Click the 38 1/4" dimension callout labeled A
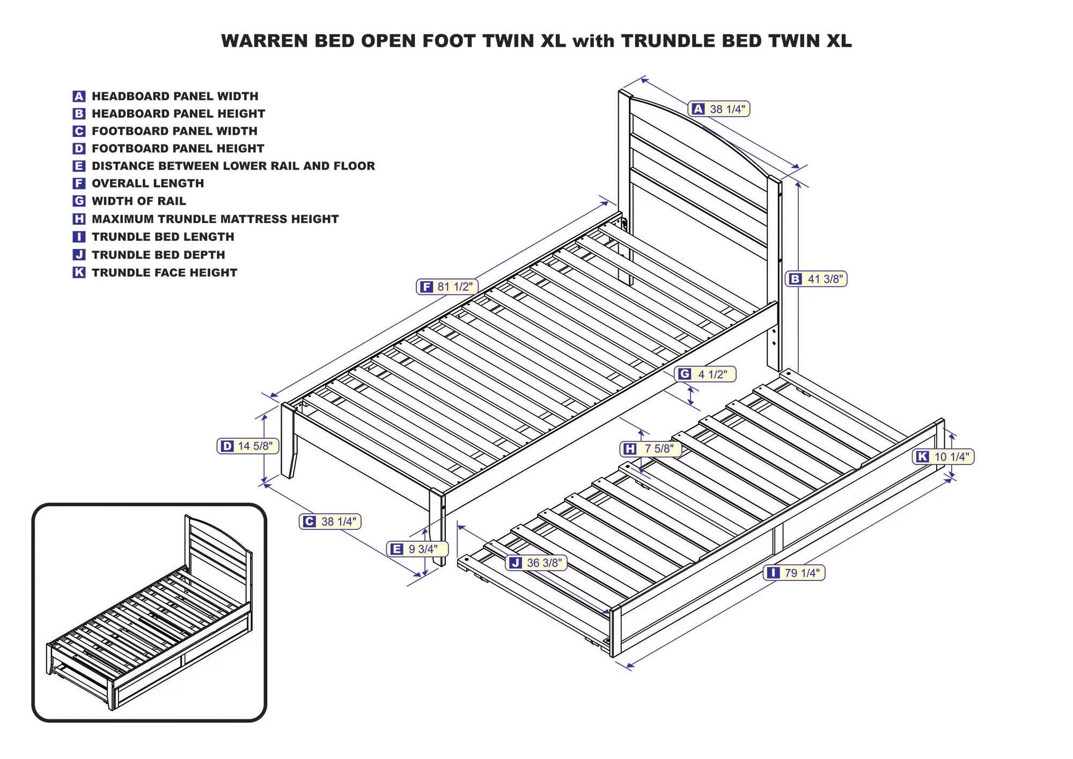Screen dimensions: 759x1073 pos(719,109)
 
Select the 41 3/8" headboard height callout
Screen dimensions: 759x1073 pos(816,279)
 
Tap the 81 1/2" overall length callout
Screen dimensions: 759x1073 pos(446,287)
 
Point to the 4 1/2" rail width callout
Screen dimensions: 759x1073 pos(704,374)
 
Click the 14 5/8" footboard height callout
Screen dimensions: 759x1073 pos(247,446)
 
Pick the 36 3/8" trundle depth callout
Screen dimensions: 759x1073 pos(536,563)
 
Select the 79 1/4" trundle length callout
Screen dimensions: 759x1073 pos(793,573)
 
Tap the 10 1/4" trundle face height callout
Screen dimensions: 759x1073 pos(943,457)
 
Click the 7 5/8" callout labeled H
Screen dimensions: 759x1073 pos(650,448)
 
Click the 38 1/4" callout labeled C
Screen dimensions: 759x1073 pos(329,521)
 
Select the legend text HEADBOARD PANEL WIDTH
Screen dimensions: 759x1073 pos(175,97)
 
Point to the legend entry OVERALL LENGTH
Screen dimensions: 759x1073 pos(148,183)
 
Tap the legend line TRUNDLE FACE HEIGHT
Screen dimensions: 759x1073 pos(164,272)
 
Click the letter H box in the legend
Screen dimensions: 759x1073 pos(79,219)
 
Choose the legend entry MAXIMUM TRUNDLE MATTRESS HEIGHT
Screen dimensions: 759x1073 pos(215,219)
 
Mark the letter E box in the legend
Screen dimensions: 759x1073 pos(79,166)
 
